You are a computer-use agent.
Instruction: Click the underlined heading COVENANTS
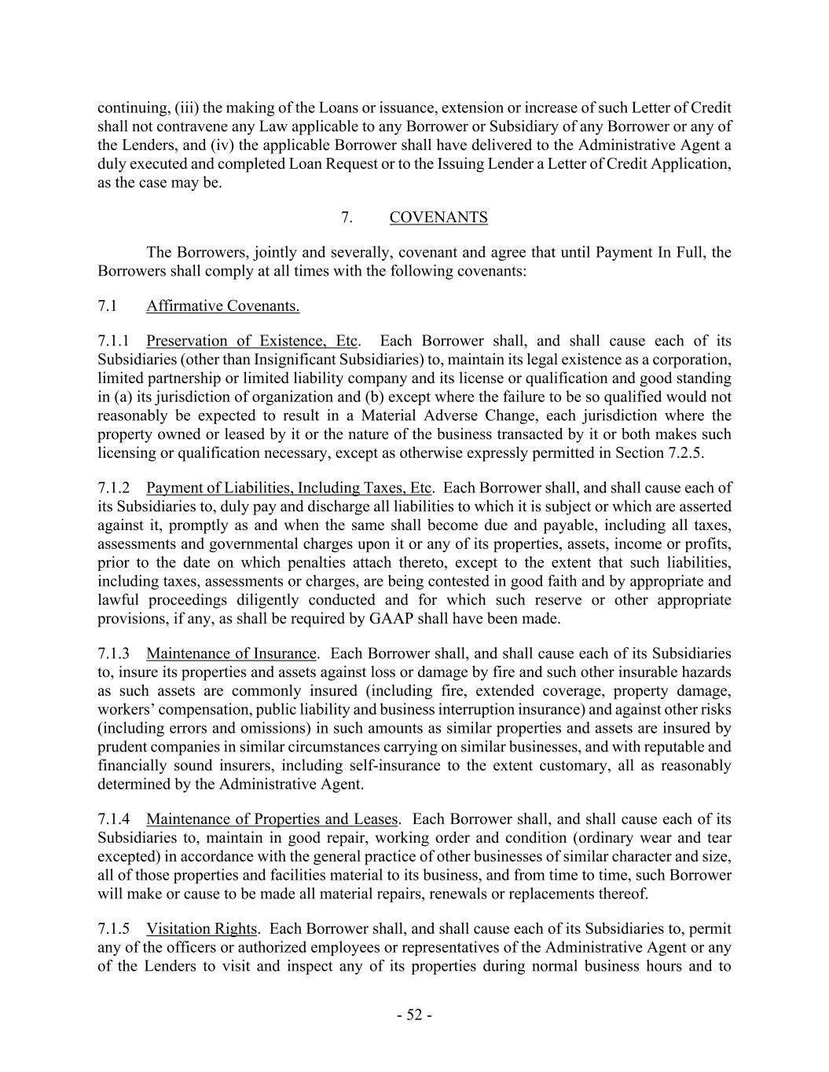click(x=438, y=218)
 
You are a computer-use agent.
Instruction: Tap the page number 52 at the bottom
click(x=414, y=1015)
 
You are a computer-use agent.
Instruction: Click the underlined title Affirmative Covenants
click(x=222, y=306)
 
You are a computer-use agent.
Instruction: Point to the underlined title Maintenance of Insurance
click(x=231, y=653)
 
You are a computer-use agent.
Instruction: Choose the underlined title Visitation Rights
click(x=201, y=928)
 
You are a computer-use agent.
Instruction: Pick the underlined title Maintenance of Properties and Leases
click(x=272, y=819)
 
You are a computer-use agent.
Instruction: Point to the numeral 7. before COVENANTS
click(x=347, y=218)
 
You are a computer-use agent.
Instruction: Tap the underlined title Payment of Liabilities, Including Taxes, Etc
click(x=288, y=488)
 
